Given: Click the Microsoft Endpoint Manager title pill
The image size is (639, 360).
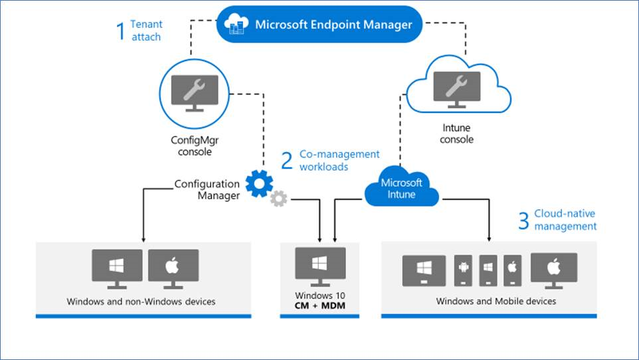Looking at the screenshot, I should click(319, 25).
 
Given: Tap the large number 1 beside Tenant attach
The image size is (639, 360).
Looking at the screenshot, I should click(120, 31).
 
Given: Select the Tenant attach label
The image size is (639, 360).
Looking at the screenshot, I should click(146, 31).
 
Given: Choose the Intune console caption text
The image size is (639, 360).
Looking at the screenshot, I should click(457, 134).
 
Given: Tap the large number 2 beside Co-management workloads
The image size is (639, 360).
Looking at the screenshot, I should click(287, 160).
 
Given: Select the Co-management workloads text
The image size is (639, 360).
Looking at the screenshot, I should click(339, 160).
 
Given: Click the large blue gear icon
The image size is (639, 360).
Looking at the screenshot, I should click(259, 184).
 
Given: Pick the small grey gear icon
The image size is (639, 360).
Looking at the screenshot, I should click(279, 198).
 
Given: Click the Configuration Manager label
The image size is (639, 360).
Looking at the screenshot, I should click(207, 189).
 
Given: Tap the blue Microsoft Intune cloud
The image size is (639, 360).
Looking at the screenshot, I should click(401, 189).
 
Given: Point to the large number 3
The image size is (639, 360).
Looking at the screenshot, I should click(523, 221).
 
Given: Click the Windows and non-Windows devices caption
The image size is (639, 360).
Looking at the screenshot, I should click(141, 302).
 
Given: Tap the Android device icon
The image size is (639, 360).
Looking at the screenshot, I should click(464, 269).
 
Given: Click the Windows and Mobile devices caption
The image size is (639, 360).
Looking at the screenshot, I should click(496, 302).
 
